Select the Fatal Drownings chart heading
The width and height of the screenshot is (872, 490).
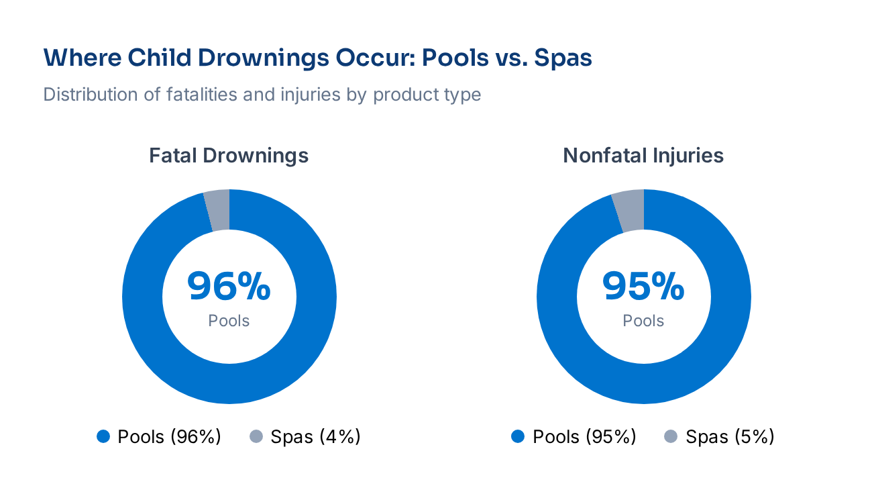pyautogui.click(x=229, y=156)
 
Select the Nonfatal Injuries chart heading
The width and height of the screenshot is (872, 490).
pyautogui.click(x=643, y=156)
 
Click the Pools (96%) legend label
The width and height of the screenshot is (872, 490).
pyautogui.click(x=169, y=437)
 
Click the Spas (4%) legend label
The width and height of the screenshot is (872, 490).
pyautogui.click(x=315, y=437)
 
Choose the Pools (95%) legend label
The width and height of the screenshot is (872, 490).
pyautogui.click(x=584, y=437)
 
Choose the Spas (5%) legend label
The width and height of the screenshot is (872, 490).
pyautogui.click(x=730, y=437)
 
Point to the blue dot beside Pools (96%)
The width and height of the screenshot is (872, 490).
pyautogui.click(x=103, y=437)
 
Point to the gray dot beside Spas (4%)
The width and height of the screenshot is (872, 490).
pyautogui.click(x=256, y=437)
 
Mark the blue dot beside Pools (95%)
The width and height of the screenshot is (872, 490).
pyautogui.click(x=518, y=437)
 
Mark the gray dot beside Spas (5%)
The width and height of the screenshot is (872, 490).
pyautogui.click(x=671, y=437)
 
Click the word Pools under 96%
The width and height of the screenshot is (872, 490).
pyautogui.click(x=229, y=321)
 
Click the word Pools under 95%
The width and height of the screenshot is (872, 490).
pyautogui.click(x=643, y=321)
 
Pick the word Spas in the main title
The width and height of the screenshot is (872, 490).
pyautogui.click(x=563, y=58)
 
